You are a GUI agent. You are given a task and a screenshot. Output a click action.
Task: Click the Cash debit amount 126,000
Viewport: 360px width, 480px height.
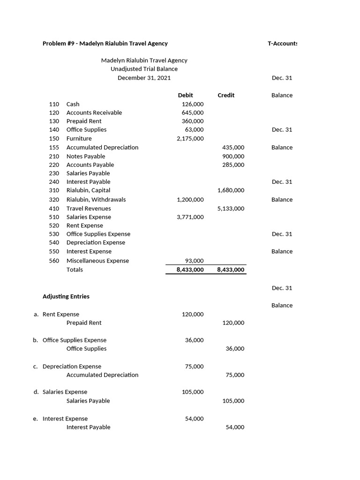point(192,104)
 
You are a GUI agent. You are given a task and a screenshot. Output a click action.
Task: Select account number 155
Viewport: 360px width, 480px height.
point(54,147)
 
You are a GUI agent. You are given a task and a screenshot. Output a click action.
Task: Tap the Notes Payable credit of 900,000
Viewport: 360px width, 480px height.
point(233,156)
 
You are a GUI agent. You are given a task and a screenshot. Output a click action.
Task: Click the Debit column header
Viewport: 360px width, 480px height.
point(185,95)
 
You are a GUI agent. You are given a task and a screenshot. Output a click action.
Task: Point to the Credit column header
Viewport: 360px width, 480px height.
point(226,95)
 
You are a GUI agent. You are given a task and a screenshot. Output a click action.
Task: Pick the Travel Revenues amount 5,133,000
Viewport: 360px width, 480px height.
point(231,209)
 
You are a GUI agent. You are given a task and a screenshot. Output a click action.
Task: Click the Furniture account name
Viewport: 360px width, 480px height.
point(79,139)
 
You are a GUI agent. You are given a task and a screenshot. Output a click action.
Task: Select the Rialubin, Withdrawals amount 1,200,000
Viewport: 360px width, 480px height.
point(190,200)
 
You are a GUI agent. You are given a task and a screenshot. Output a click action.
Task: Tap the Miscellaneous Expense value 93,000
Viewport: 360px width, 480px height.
point(195,261)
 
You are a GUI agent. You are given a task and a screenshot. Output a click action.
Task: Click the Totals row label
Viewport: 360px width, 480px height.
point(75,270)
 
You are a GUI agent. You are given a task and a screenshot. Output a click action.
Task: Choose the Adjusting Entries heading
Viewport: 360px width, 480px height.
point(66,297)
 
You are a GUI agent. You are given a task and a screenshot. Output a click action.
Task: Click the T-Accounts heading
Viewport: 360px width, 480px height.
point(282,44)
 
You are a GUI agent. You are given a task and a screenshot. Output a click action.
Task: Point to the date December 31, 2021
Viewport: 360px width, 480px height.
point(144,78)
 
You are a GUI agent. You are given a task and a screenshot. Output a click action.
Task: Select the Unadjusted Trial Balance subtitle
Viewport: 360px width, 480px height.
point(144,69)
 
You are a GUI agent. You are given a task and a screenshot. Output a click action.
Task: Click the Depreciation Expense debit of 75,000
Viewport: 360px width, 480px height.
point(194,367)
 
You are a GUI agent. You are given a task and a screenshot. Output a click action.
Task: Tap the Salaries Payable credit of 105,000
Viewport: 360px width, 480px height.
point(233,401)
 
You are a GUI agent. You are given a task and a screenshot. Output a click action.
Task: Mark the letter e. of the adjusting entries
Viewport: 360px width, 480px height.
point(36,419)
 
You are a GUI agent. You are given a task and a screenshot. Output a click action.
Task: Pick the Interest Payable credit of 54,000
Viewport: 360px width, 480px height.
point(235,427)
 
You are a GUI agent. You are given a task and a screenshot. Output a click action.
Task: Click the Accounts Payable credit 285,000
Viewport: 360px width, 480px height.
point(233,165)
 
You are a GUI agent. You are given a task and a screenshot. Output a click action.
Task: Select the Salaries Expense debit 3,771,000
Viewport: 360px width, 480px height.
point(190,217)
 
